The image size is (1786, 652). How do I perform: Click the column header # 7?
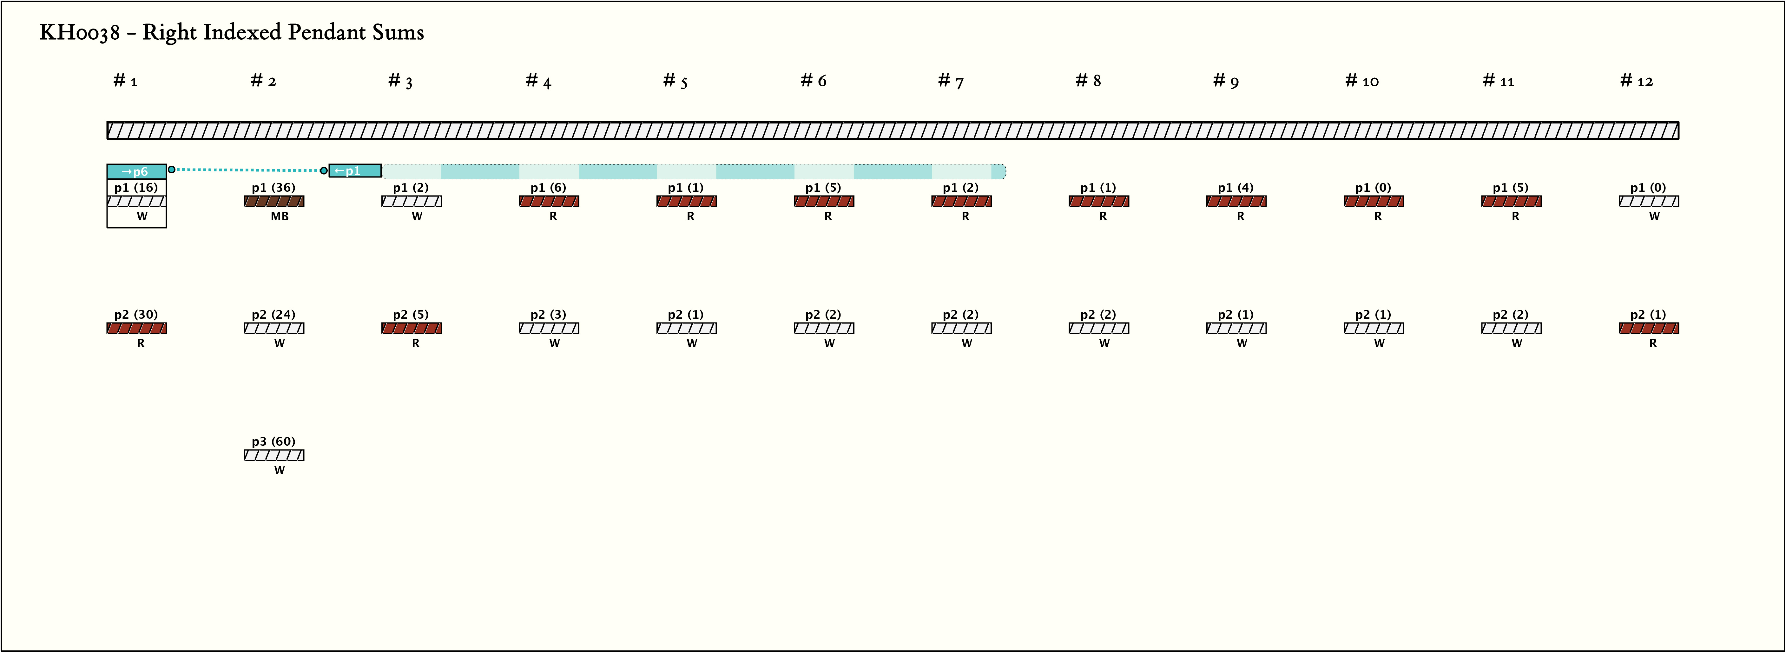(x=951, y=81)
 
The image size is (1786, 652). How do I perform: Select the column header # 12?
(x=1636, y=81)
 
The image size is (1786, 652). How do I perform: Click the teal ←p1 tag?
(x=354, y=171)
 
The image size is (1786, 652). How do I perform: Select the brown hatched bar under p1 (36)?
(x=274, y=201)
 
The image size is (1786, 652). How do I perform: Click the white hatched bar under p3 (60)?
(x=274, y=455)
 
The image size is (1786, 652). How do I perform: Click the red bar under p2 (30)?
(x=136, y=328)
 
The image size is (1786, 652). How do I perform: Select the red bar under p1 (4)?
(x=1236, y=201)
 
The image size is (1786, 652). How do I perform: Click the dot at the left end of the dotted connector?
(x=171, y=169)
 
